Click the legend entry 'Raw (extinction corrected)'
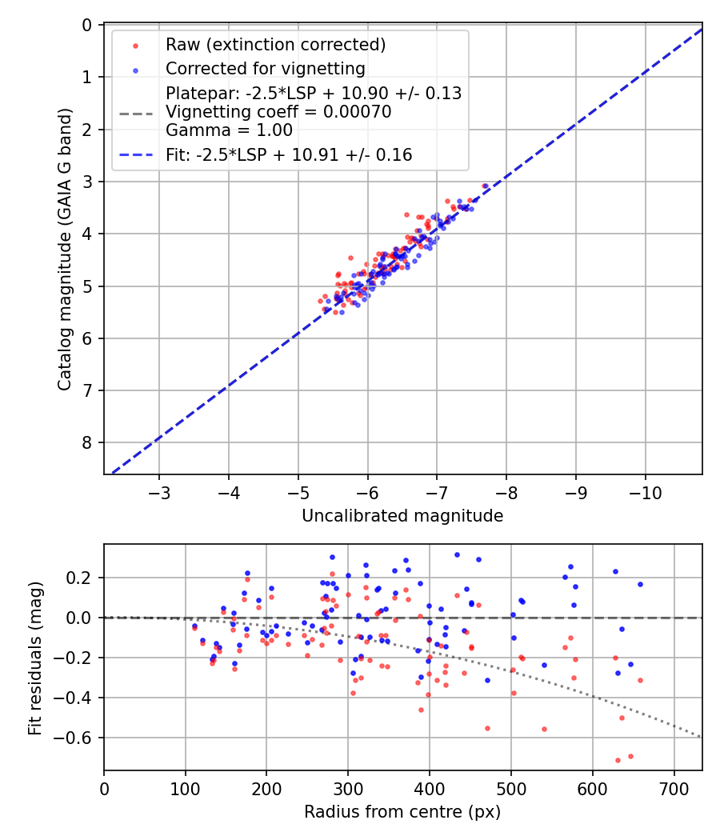tap(275, 45)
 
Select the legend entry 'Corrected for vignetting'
tap(265, 69)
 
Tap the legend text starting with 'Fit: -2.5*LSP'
tap(289, 155)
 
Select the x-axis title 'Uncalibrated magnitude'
tap(402, 516)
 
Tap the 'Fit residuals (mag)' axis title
tap(34, 658)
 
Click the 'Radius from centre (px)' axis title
tap(402, 812)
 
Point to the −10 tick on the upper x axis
tap(645, 491)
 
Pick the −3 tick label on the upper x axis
tap(159, 491)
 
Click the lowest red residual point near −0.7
tap(618, 760)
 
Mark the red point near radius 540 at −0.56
tap(544, 729)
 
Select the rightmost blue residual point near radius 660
tap(640, 584)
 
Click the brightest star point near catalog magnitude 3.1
tap(485, 186)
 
